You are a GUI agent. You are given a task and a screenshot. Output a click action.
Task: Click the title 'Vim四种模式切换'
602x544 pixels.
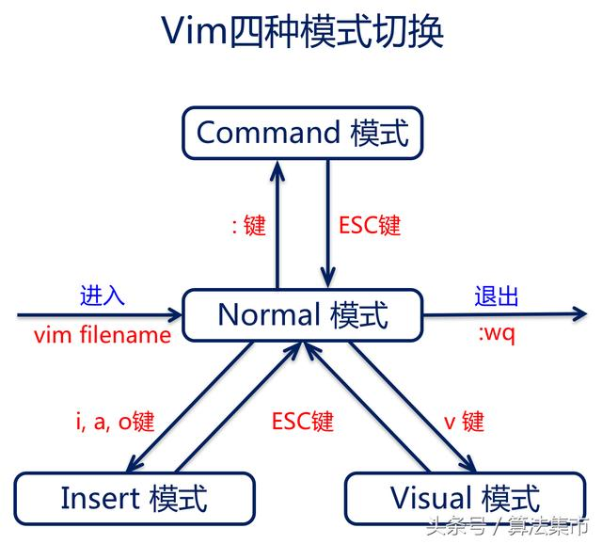pos(302,33)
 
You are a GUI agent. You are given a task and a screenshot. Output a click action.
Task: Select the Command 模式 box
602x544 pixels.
pos(302,132)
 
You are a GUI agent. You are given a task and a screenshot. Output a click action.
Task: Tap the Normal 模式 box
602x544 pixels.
pos(302,314)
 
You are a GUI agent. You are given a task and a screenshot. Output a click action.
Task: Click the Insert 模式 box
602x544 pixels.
pos(134,497)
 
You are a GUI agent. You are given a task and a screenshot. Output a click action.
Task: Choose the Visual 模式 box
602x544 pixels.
pos(465,497)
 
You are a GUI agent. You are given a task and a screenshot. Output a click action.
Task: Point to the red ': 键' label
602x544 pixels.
pos(248,226)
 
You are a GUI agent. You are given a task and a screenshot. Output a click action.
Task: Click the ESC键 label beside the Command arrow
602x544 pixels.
pos(369,226)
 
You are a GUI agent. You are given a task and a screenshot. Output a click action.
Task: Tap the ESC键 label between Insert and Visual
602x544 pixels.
pos(302,421)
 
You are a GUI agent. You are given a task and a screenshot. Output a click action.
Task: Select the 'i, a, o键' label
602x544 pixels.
pos(114,421)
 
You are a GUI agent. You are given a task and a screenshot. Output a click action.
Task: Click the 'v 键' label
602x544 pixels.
pos(464,421)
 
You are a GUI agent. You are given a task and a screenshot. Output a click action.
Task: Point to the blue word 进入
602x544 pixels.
pos(102,296)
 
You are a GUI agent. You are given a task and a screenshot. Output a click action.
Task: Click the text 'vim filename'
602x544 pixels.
pos(102,334)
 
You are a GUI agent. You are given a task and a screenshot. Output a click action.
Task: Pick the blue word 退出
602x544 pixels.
pos(497,296)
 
